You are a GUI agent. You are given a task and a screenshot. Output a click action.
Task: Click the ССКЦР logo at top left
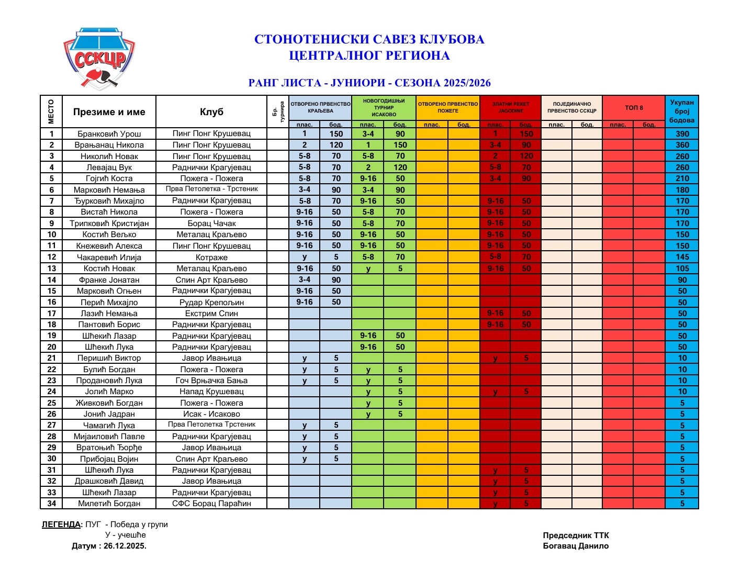(99, 59)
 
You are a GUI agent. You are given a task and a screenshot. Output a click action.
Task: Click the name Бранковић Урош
(109, 134)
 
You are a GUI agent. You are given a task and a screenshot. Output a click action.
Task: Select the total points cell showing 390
(682, 134)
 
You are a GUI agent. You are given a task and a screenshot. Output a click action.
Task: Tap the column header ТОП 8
(633, 108)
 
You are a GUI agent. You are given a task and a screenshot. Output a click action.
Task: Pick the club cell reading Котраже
(211, 258)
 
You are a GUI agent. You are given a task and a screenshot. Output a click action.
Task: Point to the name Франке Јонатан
(109, 280)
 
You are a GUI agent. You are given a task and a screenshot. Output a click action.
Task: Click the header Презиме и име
(109, 112)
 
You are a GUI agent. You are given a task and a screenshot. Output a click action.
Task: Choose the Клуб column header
(211, 112)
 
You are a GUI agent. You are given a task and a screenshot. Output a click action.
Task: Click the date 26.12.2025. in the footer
(125, 546)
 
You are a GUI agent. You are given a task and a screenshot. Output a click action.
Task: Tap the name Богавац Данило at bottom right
(576, 546)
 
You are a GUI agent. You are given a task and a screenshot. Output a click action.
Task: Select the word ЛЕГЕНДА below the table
(61, 525)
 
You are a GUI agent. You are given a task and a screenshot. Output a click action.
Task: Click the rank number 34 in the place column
(51, 504)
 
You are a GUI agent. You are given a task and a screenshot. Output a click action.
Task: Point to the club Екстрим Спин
(211, 314)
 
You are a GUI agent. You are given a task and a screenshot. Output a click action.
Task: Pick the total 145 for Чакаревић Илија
(682, 257)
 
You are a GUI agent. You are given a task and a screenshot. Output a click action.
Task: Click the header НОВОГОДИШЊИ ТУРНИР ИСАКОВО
(384, 108)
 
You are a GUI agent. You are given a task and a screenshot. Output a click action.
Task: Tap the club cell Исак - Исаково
(211, 414)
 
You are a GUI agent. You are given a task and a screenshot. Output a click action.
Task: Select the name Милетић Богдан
(109, 504)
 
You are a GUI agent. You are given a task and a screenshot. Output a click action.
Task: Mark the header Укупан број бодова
(682, 111)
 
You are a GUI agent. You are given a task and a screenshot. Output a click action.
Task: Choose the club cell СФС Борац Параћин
(211, 504)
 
